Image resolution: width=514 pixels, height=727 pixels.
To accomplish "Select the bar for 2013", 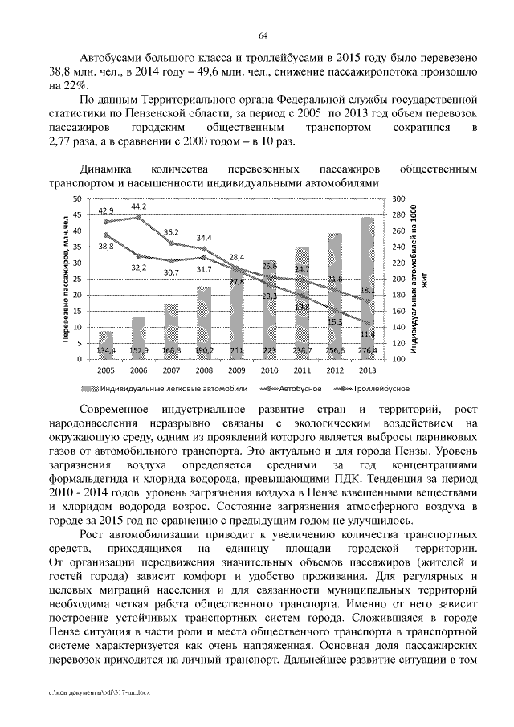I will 367,289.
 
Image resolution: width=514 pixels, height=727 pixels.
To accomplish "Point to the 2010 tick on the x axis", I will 269,370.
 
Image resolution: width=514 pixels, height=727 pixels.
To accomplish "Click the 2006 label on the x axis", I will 138,370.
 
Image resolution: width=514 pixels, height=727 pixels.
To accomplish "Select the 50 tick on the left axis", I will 76,198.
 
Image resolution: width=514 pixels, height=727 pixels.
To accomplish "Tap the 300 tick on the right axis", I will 398,198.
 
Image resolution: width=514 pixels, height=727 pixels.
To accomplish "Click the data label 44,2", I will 138,206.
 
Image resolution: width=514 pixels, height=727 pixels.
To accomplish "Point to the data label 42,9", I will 106,210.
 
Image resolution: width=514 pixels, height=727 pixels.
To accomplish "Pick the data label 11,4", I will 366,333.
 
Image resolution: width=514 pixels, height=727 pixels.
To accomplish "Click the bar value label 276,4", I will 366,351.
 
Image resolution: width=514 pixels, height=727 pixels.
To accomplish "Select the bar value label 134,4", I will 106,351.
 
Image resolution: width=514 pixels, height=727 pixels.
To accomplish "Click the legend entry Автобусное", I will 302,388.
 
